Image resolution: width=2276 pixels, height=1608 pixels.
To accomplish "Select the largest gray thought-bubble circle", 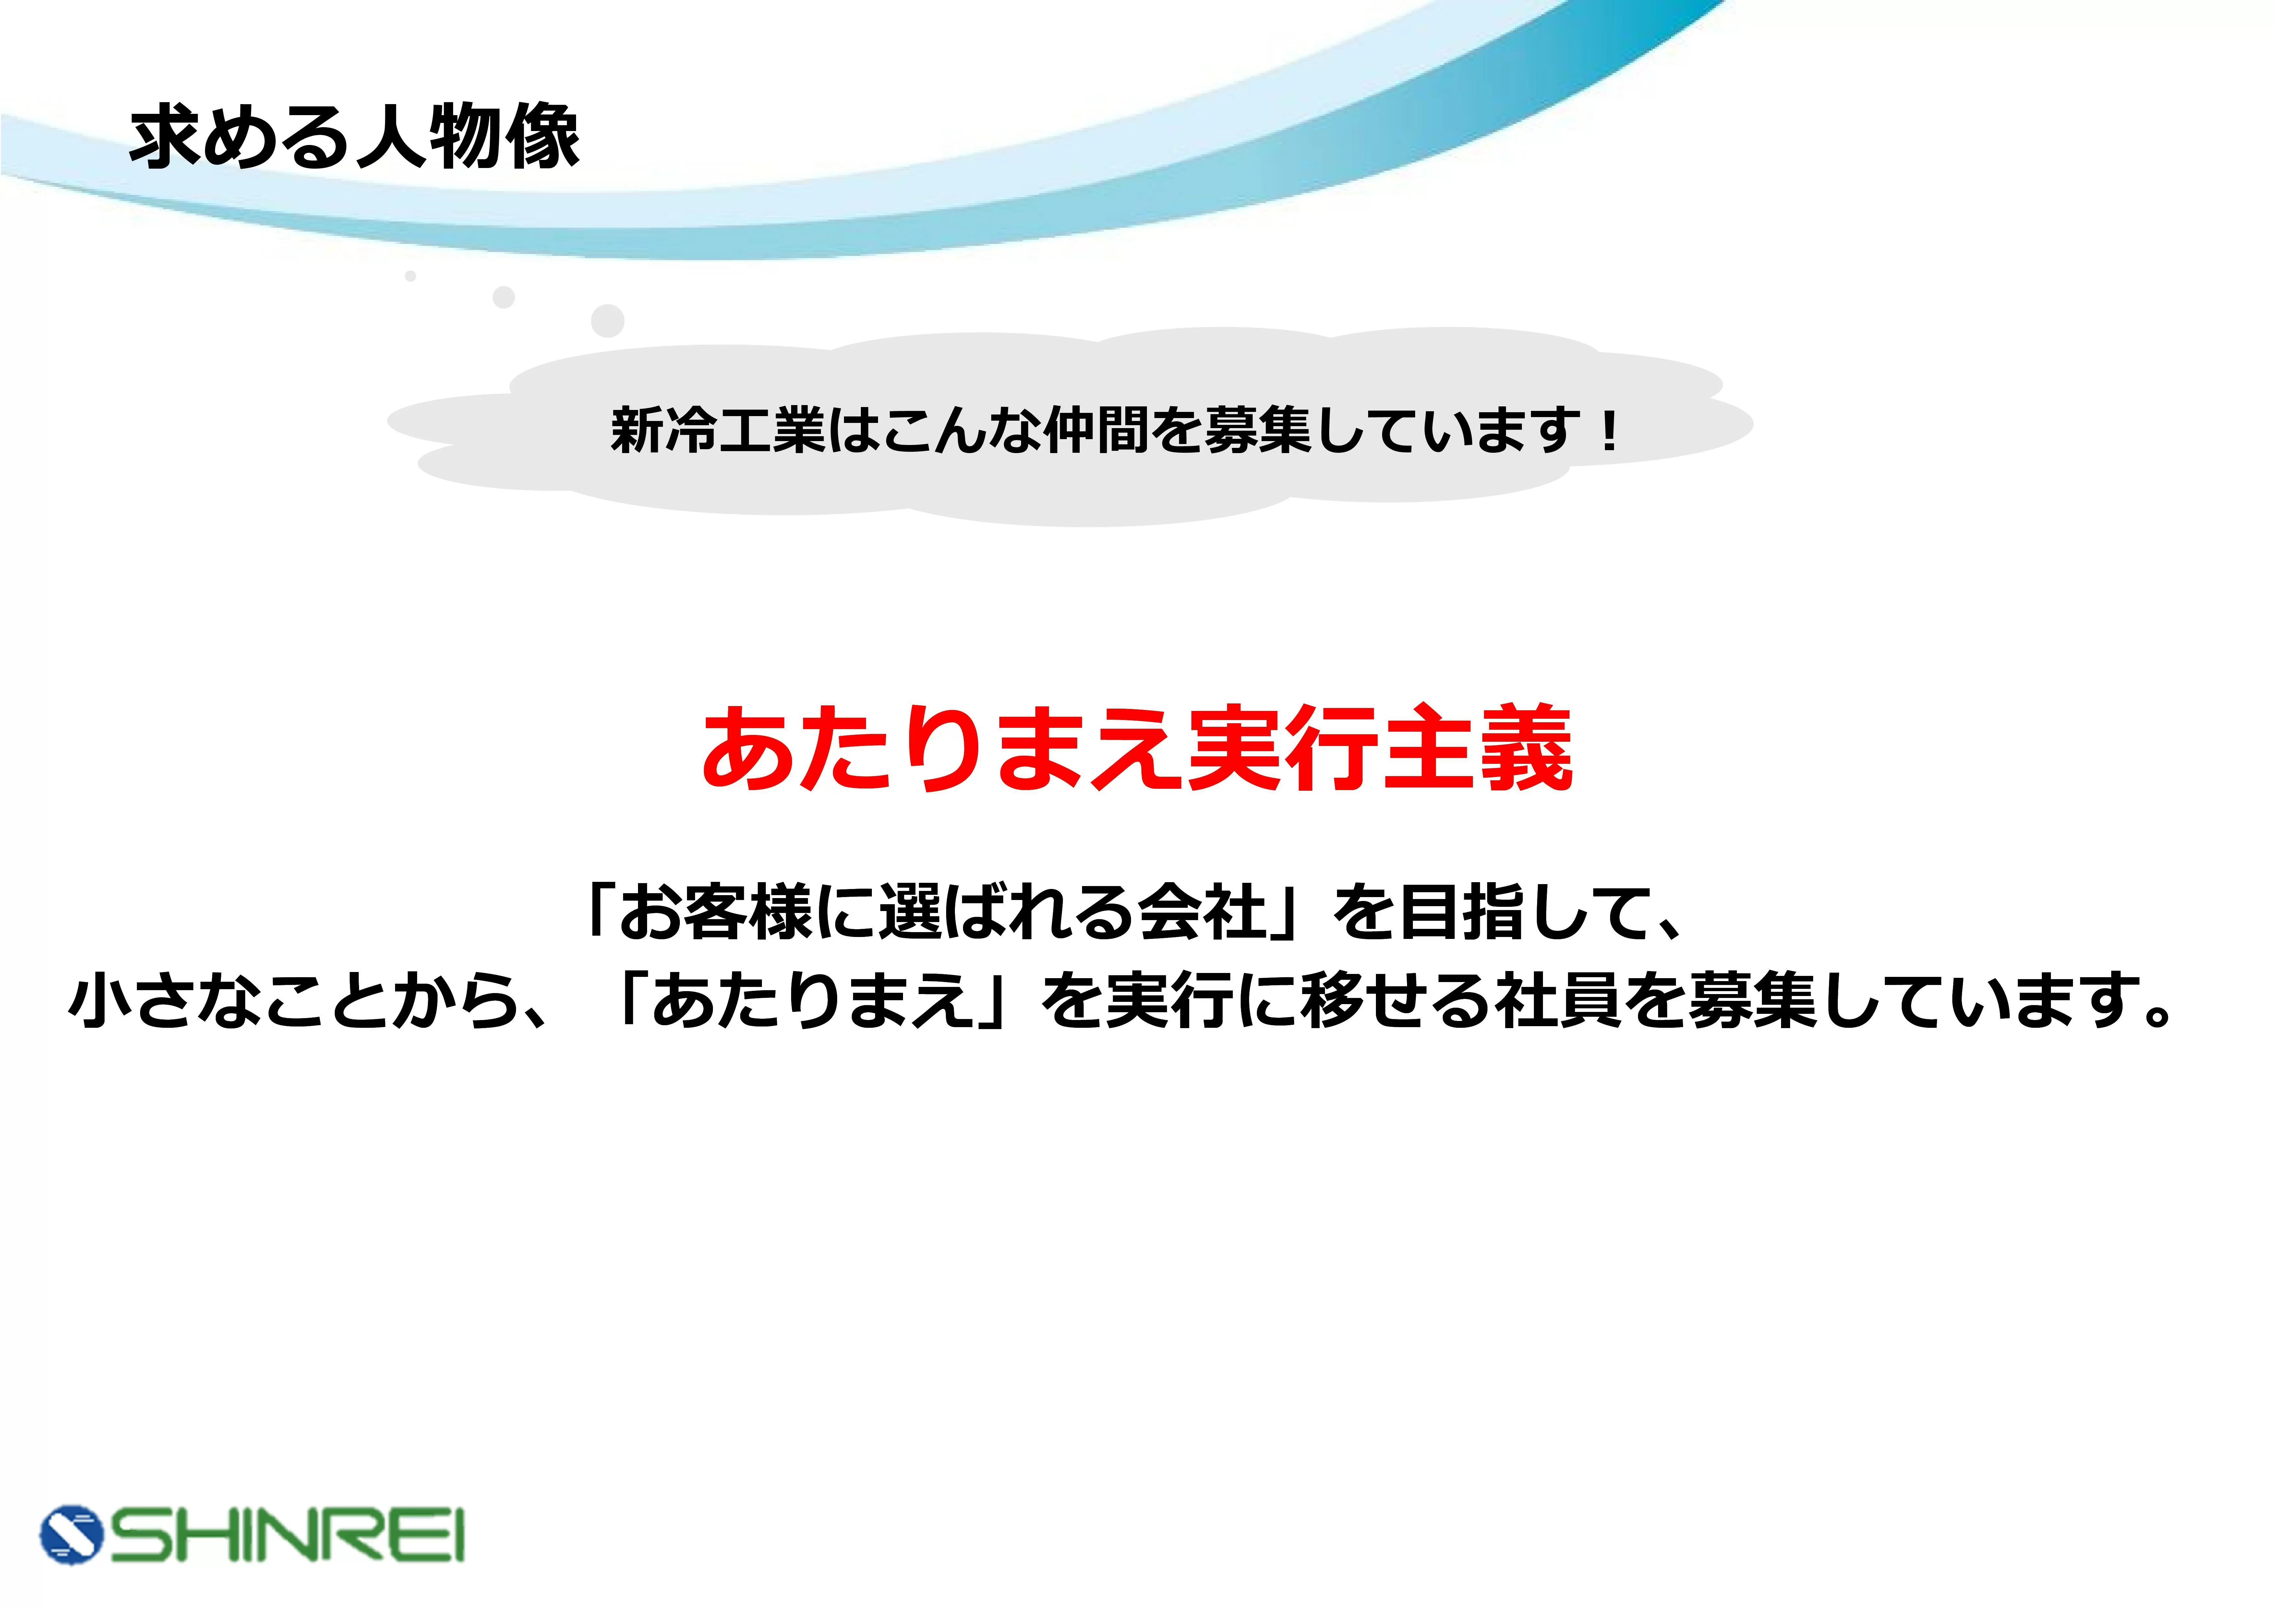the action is tap(608, 320).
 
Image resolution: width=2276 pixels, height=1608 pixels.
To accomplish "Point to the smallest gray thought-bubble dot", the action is tap(410, 276).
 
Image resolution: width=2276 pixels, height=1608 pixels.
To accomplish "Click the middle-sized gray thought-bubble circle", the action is tap(504, 296).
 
